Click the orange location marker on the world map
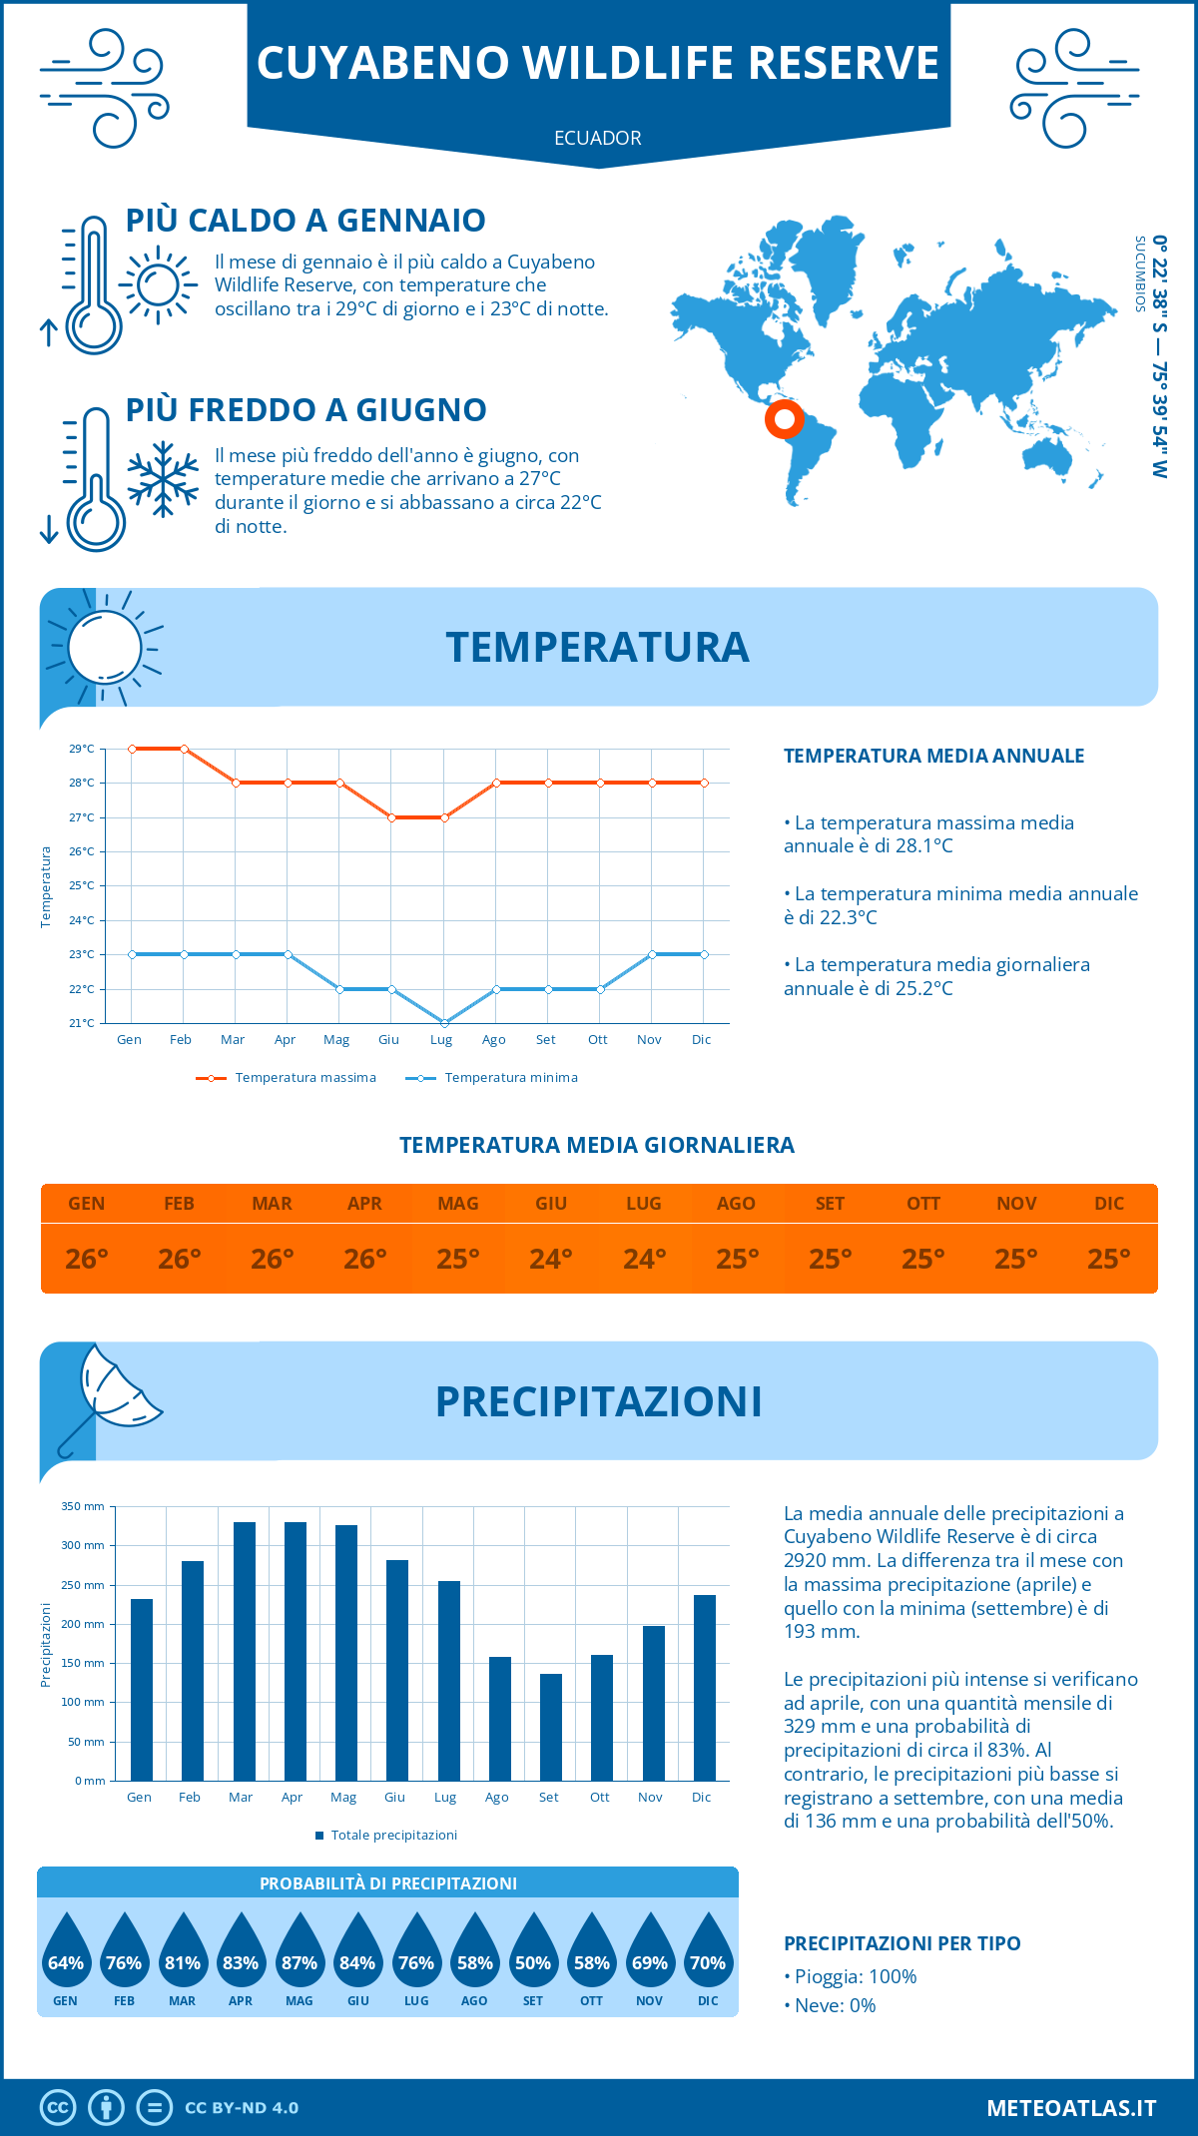click(785, 418)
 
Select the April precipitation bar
click(296, 1651)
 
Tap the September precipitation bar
click(551, 1727)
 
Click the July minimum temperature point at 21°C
click(444, 1023)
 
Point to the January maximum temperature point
click(132, 749)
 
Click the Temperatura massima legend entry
click(288, 1078)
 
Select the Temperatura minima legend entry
click(493, 1078)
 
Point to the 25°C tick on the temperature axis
click(82, 886)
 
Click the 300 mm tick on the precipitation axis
click(83, 1545)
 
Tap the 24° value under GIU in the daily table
click(551, 1259)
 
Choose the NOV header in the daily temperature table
click(1016, 1204)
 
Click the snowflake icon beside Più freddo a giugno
click(163, 479)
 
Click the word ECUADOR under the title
click(598, 139)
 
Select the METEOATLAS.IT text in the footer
click(1071, 2108)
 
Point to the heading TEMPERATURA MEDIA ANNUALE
click(933, 756)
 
